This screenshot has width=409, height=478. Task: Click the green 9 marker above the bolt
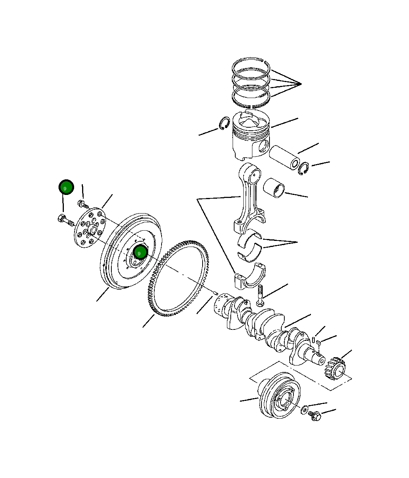[66, 187]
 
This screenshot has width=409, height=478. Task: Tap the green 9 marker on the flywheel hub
[140, 252]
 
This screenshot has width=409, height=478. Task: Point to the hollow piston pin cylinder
[284, 157]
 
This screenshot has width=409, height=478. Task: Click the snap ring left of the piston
[224, 123]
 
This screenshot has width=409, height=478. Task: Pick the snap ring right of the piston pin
[303, 168]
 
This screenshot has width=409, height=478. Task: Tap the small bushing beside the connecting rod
[274, 188]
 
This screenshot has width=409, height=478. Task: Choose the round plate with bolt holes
[90, 228]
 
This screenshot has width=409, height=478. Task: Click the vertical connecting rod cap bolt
[260, 296]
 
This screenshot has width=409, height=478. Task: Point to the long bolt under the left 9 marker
[66, 220]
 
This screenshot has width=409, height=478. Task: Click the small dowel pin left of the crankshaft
[215, 293]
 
